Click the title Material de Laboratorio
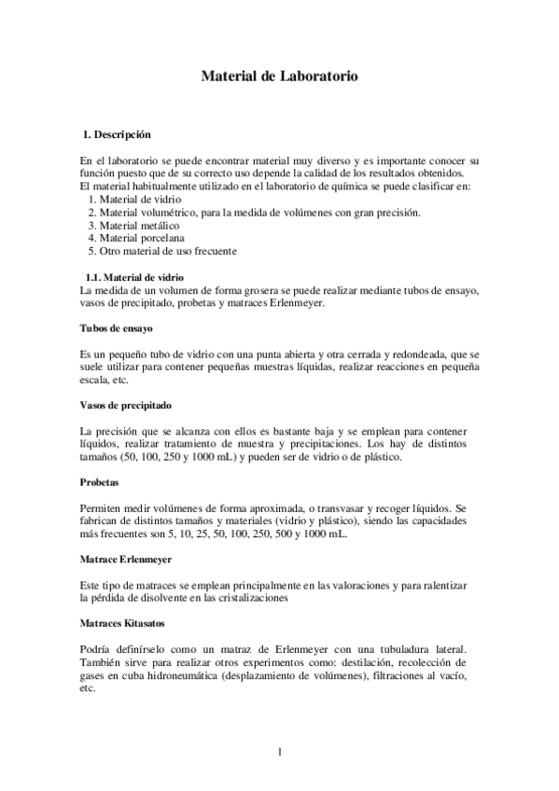coord(279,78)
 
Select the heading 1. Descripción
coord(117,134)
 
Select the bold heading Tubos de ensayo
coord(117,329)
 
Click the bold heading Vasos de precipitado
coord(126,406)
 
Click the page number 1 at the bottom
coord(279,751)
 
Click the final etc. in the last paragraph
coord(89,687)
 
